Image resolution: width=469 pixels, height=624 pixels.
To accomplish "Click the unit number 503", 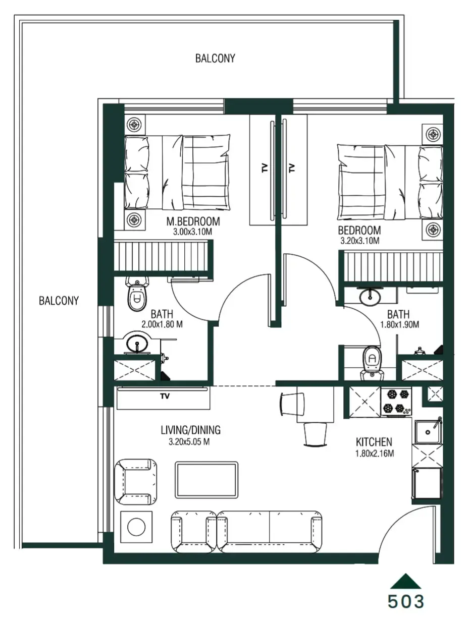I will (406, 601).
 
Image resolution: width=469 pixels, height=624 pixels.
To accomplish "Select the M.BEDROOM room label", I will (193, 221).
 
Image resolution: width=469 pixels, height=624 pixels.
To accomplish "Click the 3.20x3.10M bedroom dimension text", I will (359, 241).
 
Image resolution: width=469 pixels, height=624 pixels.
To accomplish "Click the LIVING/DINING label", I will (191, 430).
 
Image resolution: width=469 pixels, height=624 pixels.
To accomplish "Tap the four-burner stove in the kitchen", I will (396, 401).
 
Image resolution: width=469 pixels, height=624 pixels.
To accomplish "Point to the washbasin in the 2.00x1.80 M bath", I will (136, 345).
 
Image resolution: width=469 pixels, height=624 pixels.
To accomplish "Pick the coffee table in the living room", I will (206, 479).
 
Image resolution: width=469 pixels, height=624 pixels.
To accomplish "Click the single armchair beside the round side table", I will (135, 482).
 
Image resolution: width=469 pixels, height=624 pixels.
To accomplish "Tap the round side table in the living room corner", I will (136, 528).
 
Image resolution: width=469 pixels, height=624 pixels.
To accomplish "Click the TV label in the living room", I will (165, 396).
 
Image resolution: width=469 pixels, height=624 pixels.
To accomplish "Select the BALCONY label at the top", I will (215, 59).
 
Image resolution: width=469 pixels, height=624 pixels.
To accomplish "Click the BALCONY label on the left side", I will (59, 301).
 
